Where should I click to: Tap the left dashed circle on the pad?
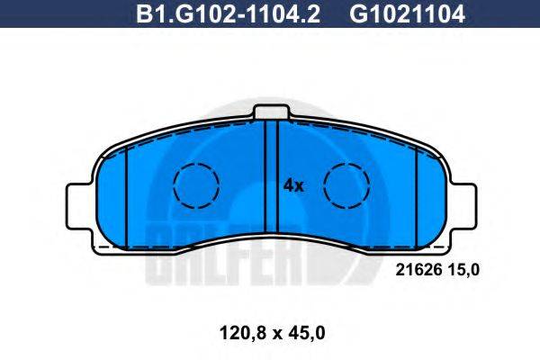(196, 187)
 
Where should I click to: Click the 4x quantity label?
(294, 186)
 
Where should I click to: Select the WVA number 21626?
(416, 267)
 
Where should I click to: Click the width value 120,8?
(235, 333)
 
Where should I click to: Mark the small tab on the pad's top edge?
(272, 112)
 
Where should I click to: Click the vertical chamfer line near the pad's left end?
(128, 193)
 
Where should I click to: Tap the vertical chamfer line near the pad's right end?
(416, 193)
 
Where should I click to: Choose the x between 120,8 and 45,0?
(273, 334)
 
